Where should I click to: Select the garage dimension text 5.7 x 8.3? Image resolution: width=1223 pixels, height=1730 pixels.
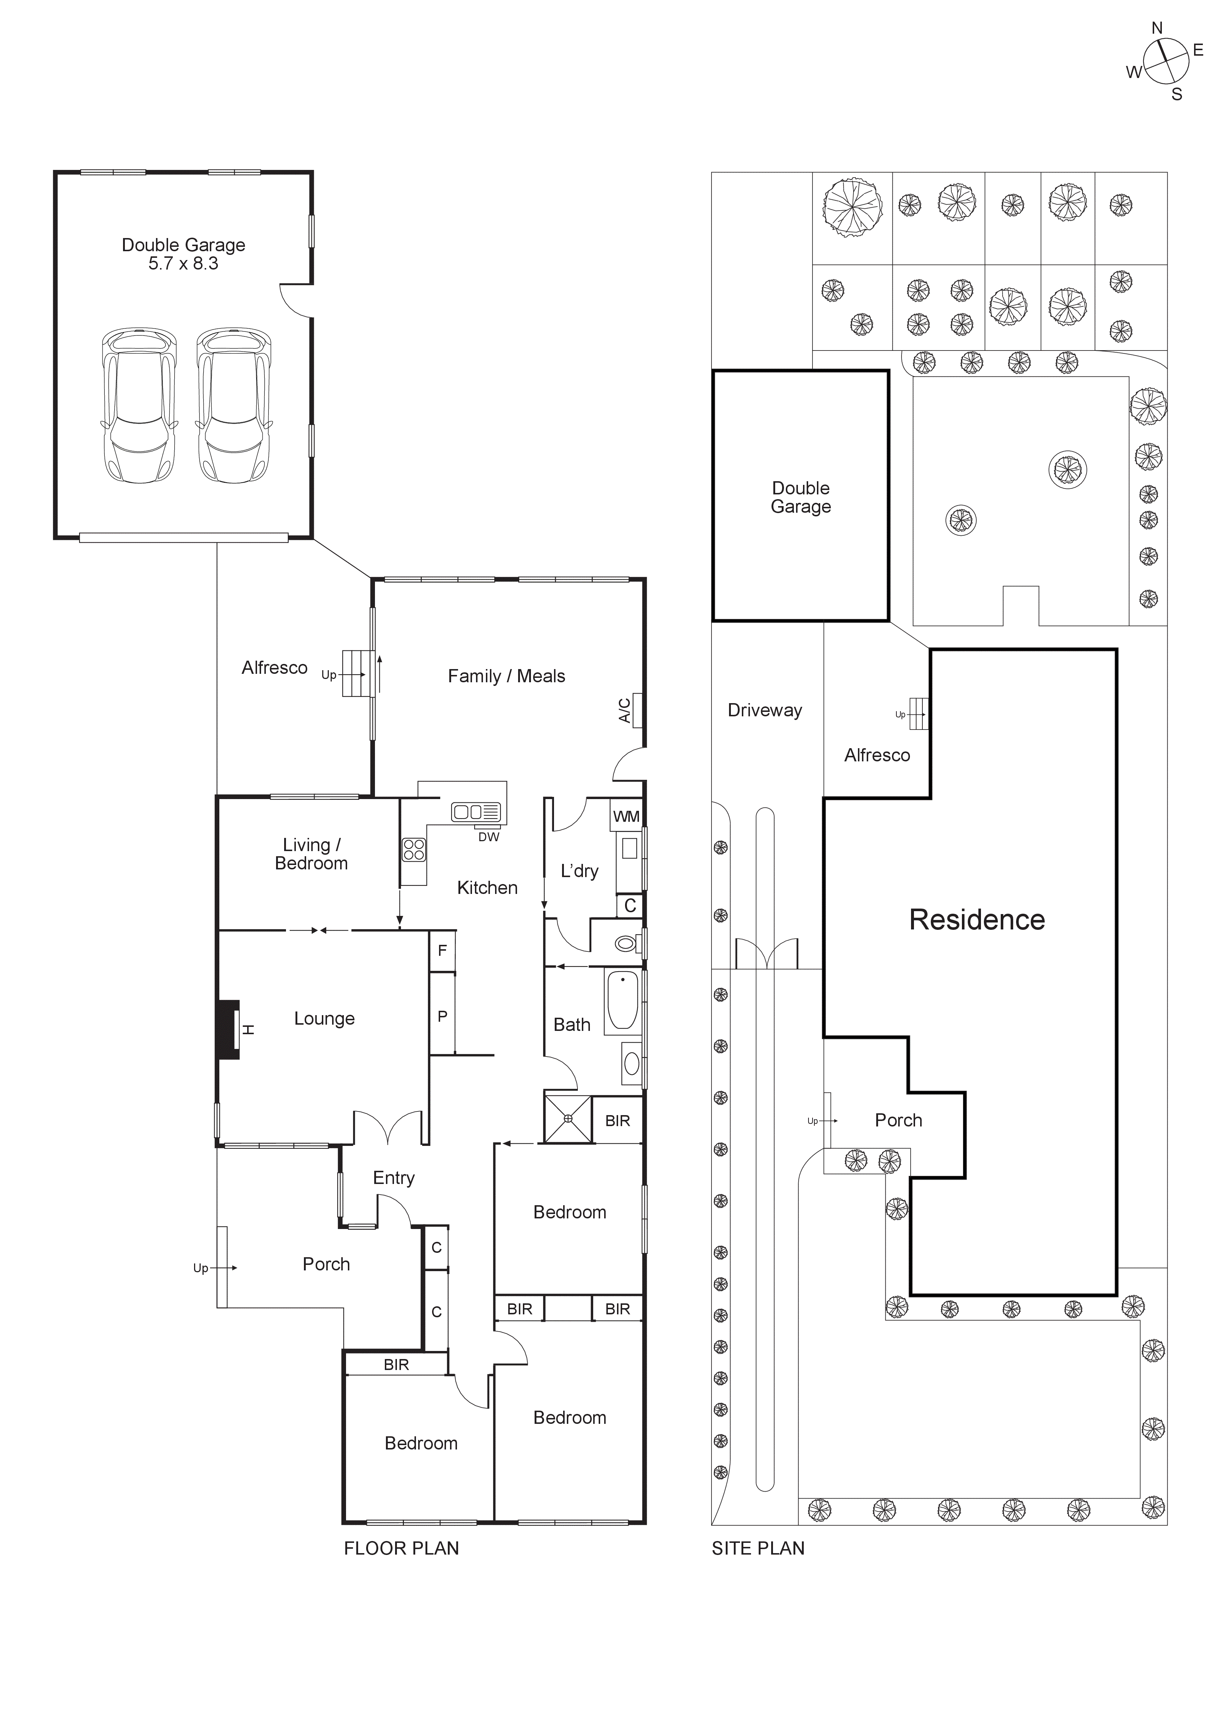(183, 264)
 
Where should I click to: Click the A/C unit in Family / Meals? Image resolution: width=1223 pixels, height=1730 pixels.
(637, 710)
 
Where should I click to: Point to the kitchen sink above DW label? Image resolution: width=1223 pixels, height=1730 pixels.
(476, 812)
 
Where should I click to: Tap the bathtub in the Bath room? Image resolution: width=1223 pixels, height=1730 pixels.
(622, 1000)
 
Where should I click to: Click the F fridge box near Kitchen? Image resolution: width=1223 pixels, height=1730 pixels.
(442, 951)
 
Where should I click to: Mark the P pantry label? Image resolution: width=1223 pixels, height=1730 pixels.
(442, 1017)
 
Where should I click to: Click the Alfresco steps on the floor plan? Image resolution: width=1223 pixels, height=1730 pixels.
(358, 673)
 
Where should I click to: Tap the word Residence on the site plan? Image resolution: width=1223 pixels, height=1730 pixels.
(977, 920)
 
